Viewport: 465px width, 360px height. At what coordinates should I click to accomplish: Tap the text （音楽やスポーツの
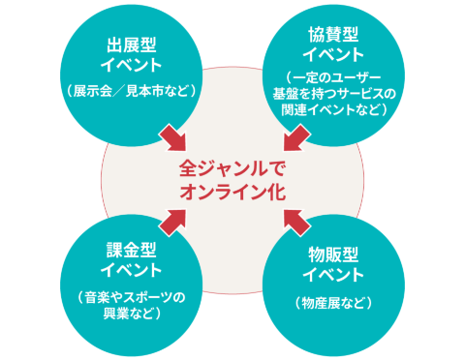click(x=130, y=297)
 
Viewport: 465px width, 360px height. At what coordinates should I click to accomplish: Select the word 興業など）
click(x=130, y=314)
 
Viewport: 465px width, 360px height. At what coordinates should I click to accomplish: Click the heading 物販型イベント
click(x=333, y=264)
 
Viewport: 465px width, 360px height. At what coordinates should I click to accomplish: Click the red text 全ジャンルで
click(x=233, y=166)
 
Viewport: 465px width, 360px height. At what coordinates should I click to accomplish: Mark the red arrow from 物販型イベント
click(x=294, y=223)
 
